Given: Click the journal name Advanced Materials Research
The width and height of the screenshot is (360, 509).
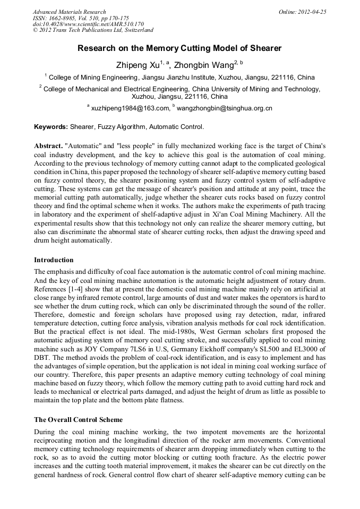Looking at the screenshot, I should tap(69, 12).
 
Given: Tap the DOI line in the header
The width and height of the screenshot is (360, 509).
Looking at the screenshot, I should tap(88, 24).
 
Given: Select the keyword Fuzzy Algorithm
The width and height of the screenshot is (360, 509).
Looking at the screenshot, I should tap(121, 127).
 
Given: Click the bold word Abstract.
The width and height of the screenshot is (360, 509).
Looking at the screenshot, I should tap(48, 145).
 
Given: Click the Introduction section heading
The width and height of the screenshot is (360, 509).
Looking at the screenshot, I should tap(54, 260).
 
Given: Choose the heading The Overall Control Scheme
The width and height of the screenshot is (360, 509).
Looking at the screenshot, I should tap(79, 420).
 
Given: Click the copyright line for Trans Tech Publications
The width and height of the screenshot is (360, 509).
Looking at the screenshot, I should tap(93, 30).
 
